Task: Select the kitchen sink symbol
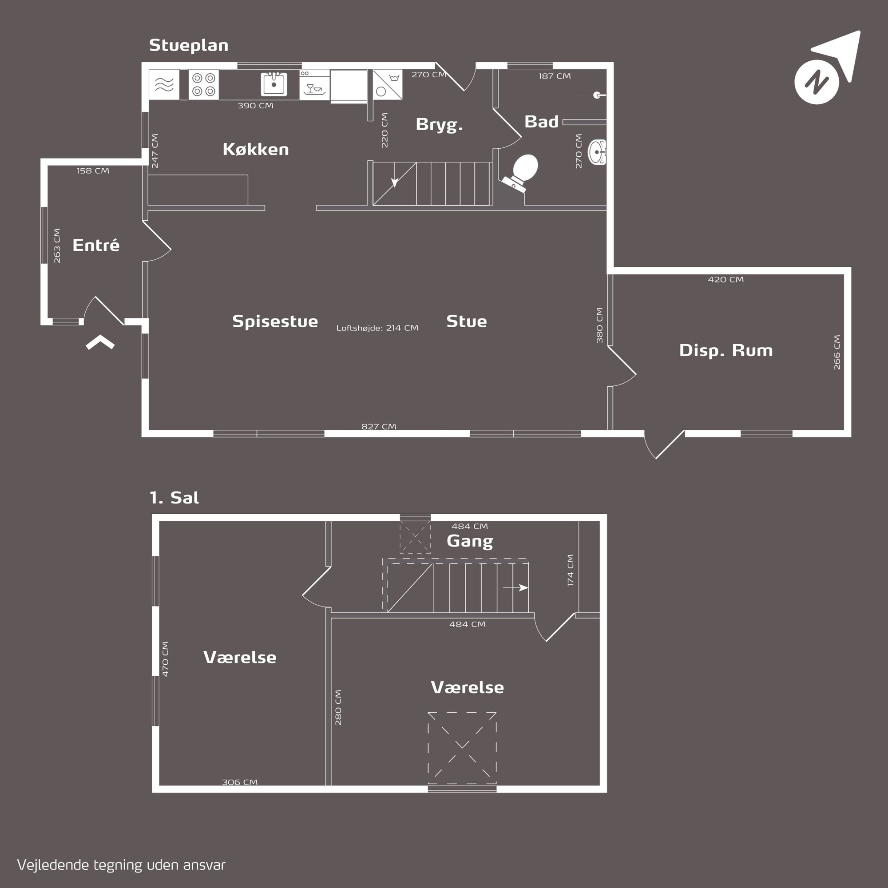274,84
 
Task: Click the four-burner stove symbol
204,84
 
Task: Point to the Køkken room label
256,149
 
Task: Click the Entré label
96,245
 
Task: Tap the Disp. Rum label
726,350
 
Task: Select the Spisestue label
275,321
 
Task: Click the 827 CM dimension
379,426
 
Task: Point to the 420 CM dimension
726,279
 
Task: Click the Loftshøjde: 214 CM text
377,328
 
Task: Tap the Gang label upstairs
470,541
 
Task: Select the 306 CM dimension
239,782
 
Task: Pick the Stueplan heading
188,45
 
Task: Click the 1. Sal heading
174,498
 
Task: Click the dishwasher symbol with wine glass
314,85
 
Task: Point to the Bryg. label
439,125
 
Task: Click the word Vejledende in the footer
53,865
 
